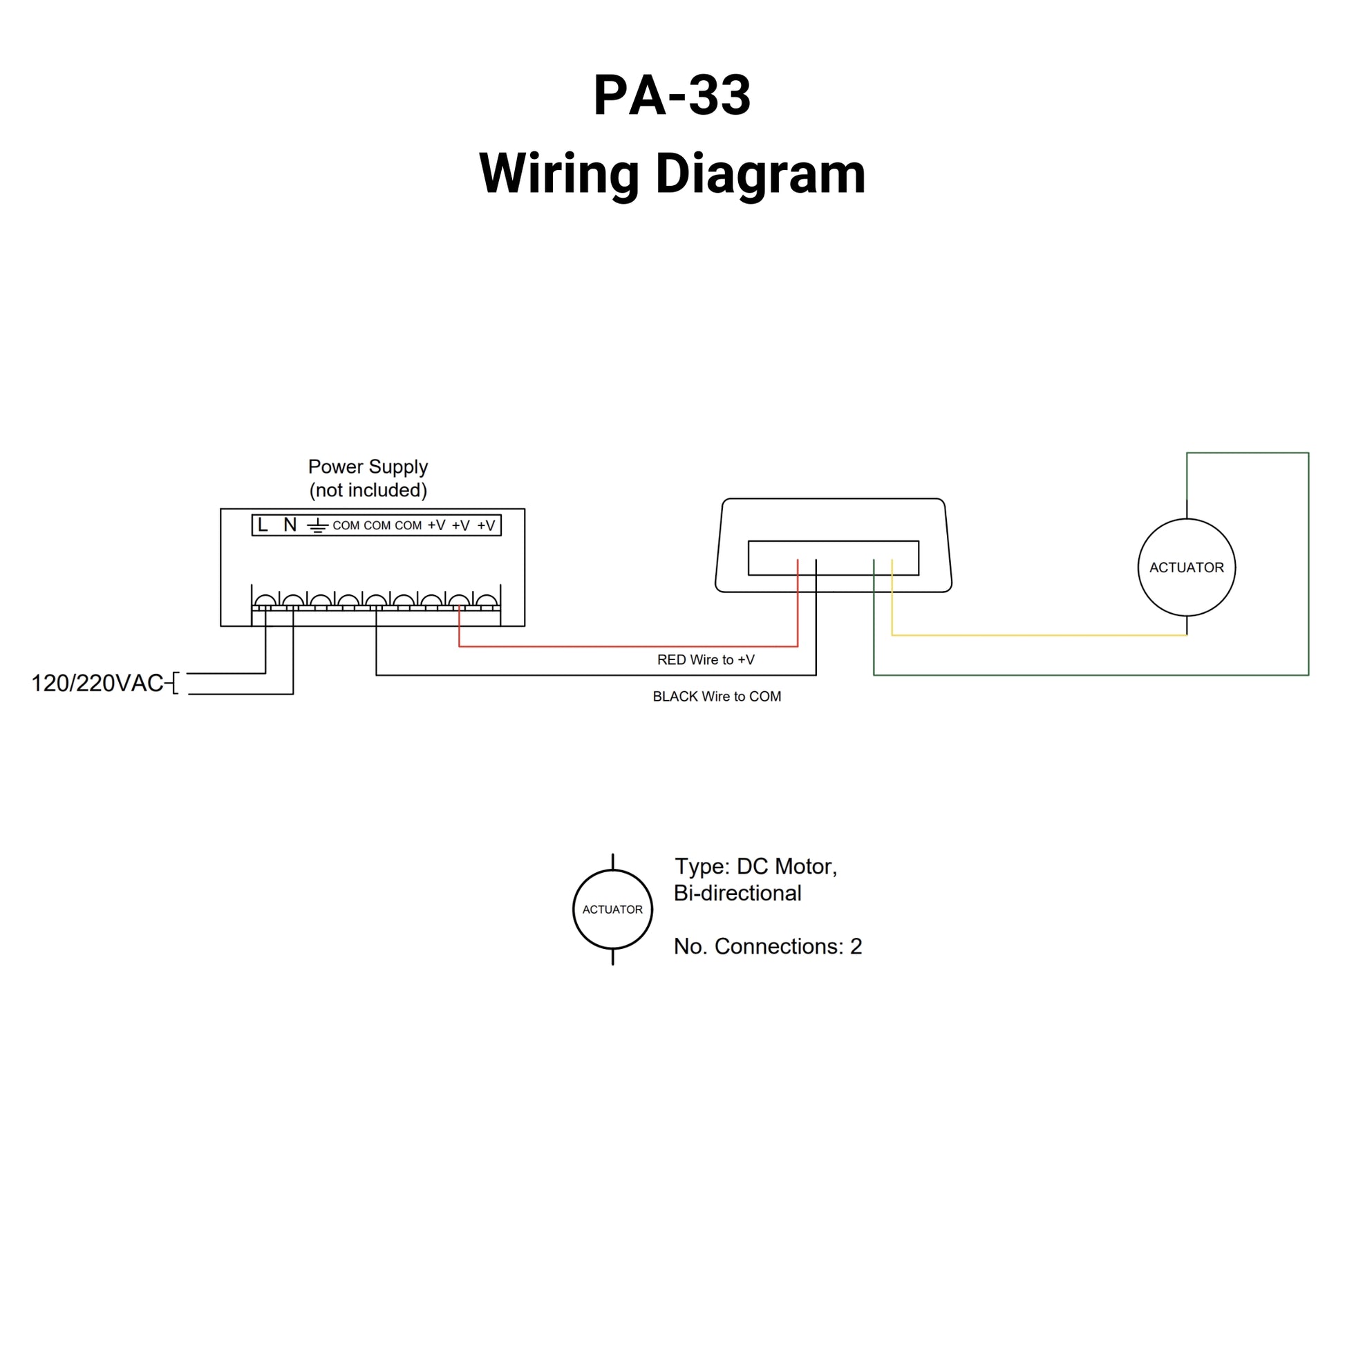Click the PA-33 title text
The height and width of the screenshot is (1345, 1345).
pyautogui.click(x=672, y=96)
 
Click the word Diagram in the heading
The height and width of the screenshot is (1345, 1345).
pyautogui.click(x=760, y=174)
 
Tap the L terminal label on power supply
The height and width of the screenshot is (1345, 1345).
pyautogui.click(x=263, y=525)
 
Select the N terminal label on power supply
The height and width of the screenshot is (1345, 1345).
pyautogui.click(x=290, y=525)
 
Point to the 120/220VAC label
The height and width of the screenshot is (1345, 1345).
pyautogui.click(x=97, y=684)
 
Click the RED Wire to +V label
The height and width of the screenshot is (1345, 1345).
pyautogui.click(x=705, y=660)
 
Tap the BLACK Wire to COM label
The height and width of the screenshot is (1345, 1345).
pyautogui.click(x=716, y=697)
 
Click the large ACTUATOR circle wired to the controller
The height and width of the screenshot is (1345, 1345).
pyautogui.click(x=1185, y=567)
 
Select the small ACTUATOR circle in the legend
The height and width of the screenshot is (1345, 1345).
pyautogui.click(x=612, y=909)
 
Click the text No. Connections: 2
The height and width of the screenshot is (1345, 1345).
pyautogui.click(x=767, y=947)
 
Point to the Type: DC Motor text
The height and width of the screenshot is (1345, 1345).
pyautogui.click(x=755, y=867)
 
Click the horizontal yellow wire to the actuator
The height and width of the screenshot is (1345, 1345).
pyautogui.click(x=1037, y=636)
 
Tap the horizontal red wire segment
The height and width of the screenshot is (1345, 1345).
pyautogui.click(x=627, y=647)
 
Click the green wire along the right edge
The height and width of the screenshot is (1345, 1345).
pyautogui.click(x=1308, y=564)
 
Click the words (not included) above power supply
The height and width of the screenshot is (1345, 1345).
pyautogui.click(x=368, y=491)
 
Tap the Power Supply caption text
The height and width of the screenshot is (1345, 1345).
pyautogui.click(x=368, y=467)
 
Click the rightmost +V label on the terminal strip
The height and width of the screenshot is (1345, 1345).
pyautogui.click(x=486, y=525)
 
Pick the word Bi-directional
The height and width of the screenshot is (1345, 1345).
pyautogui.click(x=737, y=893)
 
